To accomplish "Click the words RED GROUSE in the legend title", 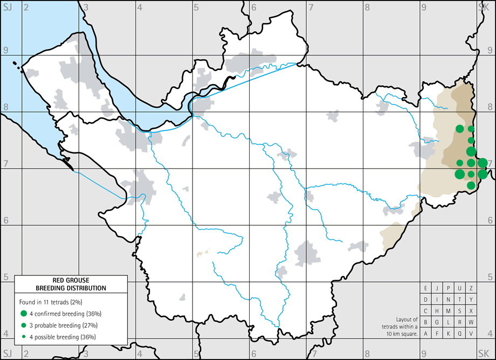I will [71, 281].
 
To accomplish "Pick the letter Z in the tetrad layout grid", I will [471, 288].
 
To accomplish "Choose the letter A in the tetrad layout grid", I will [426, 334].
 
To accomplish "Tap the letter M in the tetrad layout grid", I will [449, 311].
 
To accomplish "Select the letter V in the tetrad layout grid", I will [471, 334].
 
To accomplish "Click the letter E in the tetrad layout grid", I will [426, 288].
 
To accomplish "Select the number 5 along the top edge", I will [196, 7].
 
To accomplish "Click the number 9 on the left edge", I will [6, 50].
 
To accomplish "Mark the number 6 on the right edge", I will [490, 220].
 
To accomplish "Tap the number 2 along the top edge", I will [26, 7].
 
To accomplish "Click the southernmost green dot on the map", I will [471, 185].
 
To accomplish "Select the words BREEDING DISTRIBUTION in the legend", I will [71, 288].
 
